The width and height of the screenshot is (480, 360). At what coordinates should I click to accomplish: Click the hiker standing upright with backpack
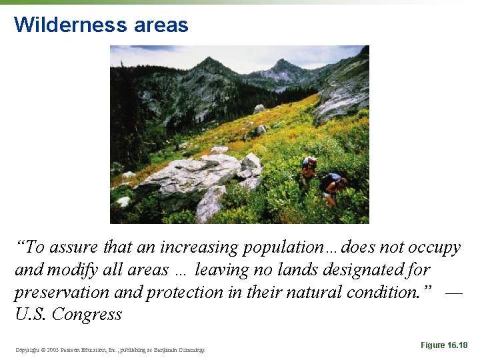308,171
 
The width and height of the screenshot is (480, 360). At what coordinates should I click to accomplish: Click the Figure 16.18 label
444,345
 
